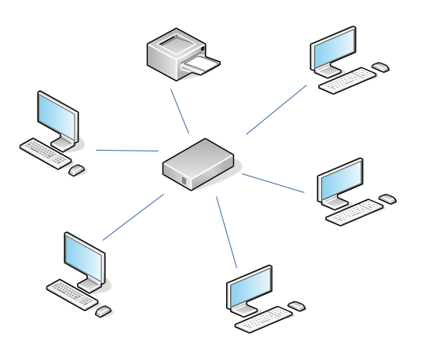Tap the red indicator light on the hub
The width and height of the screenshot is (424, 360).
184,182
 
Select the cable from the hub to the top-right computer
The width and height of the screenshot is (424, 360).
276,110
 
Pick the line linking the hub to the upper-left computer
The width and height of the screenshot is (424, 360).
127,150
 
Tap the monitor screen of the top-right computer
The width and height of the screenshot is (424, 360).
332,51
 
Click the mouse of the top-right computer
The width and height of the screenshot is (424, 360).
381,67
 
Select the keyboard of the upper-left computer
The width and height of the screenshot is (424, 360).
46,151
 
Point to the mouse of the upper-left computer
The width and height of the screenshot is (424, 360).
76,170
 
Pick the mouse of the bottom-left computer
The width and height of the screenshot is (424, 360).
103,311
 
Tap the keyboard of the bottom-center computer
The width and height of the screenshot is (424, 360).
263,318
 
